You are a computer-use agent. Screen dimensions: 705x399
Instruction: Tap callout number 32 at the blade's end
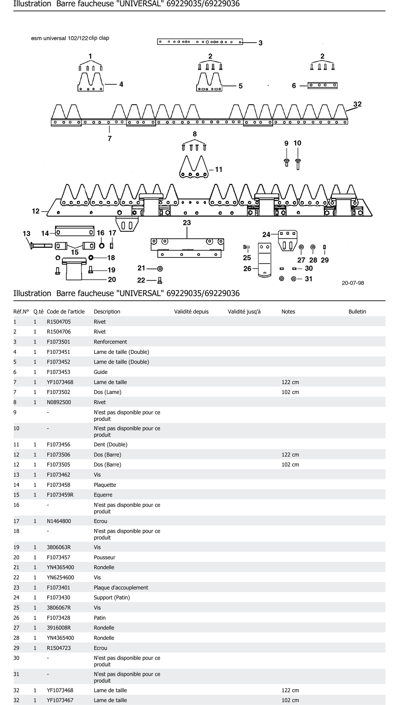pos(357,104)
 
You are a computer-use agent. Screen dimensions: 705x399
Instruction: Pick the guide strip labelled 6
pos(322,86)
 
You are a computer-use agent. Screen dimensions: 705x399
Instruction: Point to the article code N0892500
pos(59,402)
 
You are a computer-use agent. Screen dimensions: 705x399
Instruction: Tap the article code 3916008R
pos(59,628)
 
